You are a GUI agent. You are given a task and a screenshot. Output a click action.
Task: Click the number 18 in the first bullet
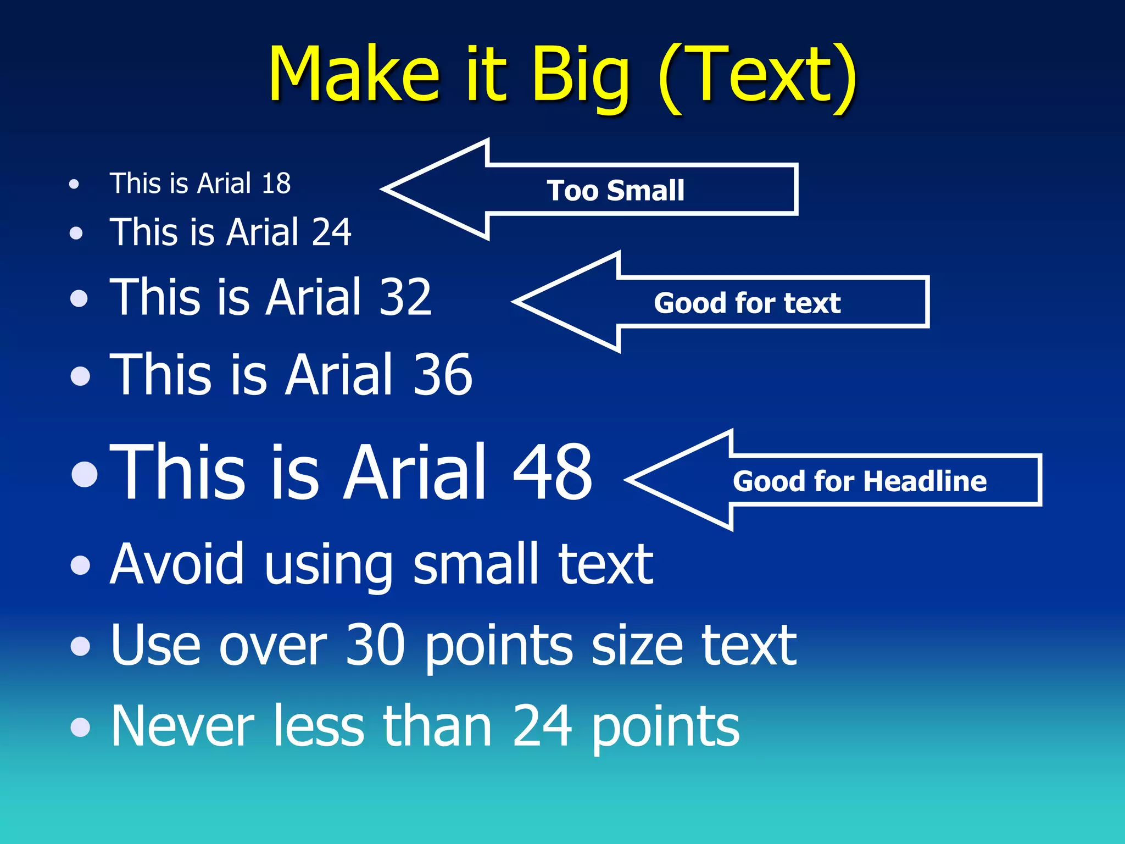(x=276, y=184)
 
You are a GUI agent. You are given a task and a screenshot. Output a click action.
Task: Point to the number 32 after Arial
(x=405, y=297)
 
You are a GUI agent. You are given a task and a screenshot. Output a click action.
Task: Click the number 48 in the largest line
(x=552, y=473)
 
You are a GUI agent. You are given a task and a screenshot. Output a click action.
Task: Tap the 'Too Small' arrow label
(x=615, y=191)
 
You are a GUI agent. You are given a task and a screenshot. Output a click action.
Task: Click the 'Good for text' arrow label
(x=747, y=303)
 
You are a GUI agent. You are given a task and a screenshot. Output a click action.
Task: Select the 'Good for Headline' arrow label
(x=860, y=481)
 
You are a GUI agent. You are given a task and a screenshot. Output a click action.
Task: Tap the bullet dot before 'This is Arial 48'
(x=85, y=474)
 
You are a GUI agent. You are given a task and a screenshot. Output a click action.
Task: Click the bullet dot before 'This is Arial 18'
(x=74, y=184)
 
